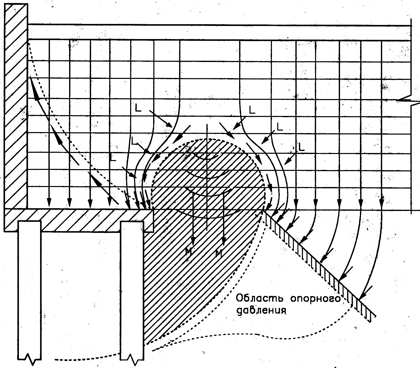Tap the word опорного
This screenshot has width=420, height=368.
pos(317,299)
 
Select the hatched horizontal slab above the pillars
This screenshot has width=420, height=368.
pos(76,220)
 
